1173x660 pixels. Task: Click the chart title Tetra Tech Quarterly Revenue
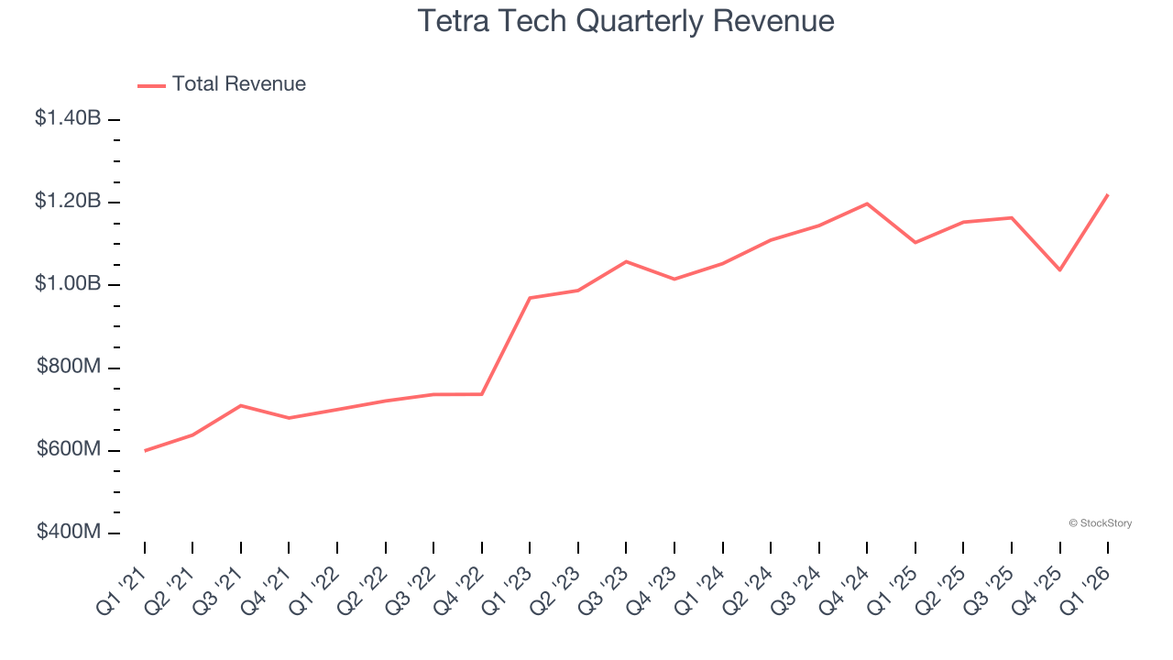click(x=626, y=20)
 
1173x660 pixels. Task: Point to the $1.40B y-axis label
click(x=68, y=118)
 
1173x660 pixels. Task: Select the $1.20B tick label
click(x=68, y=201)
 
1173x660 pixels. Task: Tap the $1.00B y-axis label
click(x=68, y=284)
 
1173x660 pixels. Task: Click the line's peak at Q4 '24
click(x=867, y=203)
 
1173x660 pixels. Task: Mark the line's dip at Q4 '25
click(x=1059, y=270)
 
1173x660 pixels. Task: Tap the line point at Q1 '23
click(x=530, y=298)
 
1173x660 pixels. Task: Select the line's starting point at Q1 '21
click(x=145, y=451)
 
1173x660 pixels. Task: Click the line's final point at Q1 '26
click(x=1108, y=194)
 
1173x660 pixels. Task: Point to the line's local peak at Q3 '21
click(x=241, y=405)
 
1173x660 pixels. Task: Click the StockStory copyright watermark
click(x=1100, y=523)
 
